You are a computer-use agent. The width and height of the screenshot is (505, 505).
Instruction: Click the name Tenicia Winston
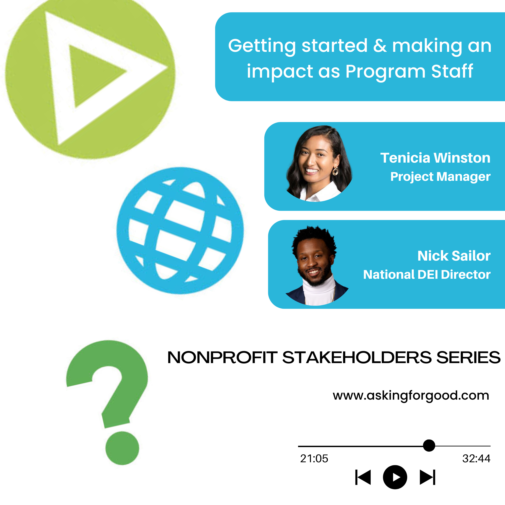[x=435, y=158]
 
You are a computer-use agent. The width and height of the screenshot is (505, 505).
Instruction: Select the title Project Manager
[x=440, y=177]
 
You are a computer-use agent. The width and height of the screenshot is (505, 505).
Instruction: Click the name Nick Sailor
[x=454, y=256]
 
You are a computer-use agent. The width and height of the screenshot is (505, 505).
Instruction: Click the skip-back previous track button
[x=363, y=477]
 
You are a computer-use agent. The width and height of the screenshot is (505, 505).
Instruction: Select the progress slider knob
[x=429, y=445]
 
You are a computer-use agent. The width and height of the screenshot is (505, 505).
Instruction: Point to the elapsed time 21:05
[x=314, y=459]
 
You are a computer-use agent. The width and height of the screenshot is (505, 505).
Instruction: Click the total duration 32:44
[x=476, y=459]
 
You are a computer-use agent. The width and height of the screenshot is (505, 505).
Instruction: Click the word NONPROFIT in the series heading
[x=222, y=357]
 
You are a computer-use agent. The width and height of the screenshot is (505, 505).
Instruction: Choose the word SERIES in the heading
[x=468, y=357]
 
